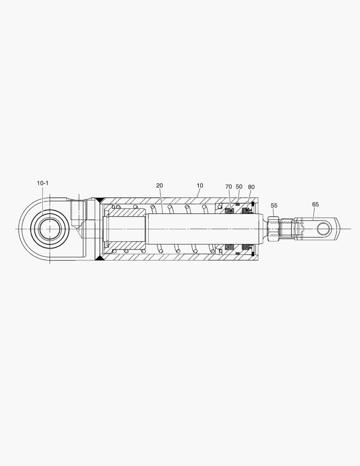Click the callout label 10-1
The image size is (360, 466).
coord(43,183)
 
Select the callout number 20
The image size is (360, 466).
coord(160,186)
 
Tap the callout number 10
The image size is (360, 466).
coord(200,186)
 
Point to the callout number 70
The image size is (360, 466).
coord(229,187)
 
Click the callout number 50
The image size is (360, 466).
coord(239,187)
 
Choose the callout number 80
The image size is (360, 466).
coord(251,187)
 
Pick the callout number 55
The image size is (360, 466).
coord(274,205)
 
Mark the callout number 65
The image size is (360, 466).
coord(316,204)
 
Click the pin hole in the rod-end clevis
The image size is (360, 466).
coord(324,228)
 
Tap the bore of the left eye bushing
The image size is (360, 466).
coord(50,228)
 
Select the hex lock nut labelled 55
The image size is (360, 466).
coord(273,228)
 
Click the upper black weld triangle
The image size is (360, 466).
coord(99,200)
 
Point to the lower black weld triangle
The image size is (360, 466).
coord(99,258)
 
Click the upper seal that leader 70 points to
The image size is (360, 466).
coord(230,211)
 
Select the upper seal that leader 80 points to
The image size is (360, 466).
coord(247,211)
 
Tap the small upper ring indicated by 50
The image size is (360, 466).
coord(237,204)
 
